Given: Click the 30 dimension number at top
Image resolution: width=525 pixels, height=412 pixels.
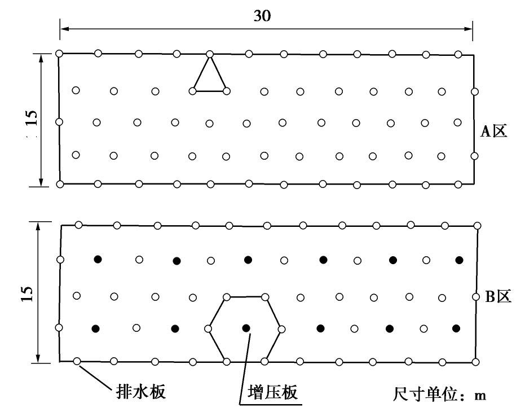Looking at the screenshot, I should (x=262, y=16).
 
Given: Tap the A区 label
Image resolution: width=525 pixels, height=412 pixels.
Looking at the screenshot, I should (x=495, y=132).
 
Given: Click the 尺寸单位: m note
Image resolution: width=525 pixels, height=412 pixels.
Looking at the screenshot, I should (x=439, y=394).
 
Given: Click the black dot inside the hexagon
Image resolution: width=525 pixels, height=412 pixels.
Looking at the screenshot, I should (x=245, y=328).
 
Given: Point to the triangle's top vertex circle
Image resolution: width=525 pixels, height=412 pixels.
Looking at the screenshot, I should (x=210, y=54).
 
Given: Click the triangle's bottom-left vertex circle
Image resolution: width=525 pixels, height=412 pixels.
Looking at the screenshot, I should (x=194, y=90).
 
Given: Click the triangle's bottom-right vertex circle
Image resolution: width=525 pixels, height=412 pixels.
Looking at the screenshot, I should (x=227, y=90).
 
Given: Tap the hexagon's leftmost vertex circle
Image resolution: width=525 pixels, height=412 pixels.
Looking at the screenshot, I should (x=209, y=328).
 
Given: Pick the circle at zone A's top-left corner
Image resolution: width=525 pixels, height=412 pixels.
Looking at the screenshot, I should (x=59, y=54).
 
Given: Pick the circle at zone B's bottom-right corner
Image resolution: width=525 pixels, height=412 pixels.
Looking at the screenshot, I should (x=477, y=361).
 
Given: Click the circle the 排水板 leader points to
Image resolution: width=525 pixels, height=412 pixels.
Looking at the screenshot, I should (x=77, y=361).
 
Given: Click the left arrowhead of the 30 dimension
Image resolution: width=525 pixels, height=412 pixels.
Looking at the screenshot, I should (x=63, y=28).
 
